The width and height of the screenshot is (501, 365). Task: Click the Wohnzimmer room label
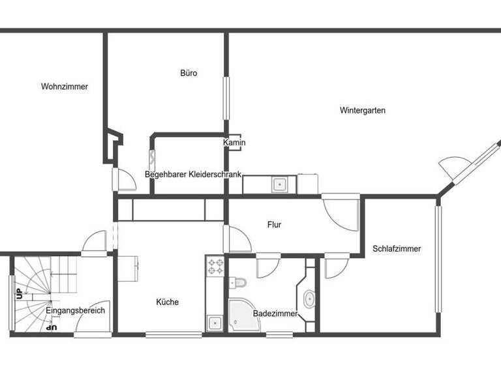tap(64, 87)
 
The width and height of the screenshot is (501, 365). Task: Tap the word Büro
tap(189, 73)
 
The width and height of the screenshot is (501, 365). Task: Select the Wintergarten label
tap(362, 110)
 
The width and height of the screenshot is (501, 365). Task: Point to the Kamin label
tap(234, 143)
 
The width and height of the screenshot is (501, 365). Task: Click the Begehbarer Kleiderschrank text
tap(193, 175)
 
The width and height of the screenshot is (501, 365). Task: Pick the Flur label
tap(274, 225)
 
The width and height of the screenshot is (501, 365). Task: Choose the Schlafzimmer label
tap(397, 248)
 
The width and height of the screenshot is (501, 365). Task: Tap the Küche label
tap(167, 302)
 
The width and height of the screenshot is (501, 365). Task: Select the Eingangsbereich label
tap(76, 311)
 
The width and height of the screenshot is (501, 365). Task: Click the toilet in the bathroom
tap(239, 282)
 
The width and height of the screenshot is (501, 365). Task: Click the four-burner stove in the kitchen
tap(215, 267)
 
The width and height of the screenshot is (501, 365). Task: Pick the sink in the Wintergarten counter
tap(279, 184)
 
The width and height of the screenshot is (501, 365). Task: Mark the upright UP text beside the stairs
tap(19, 295)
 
